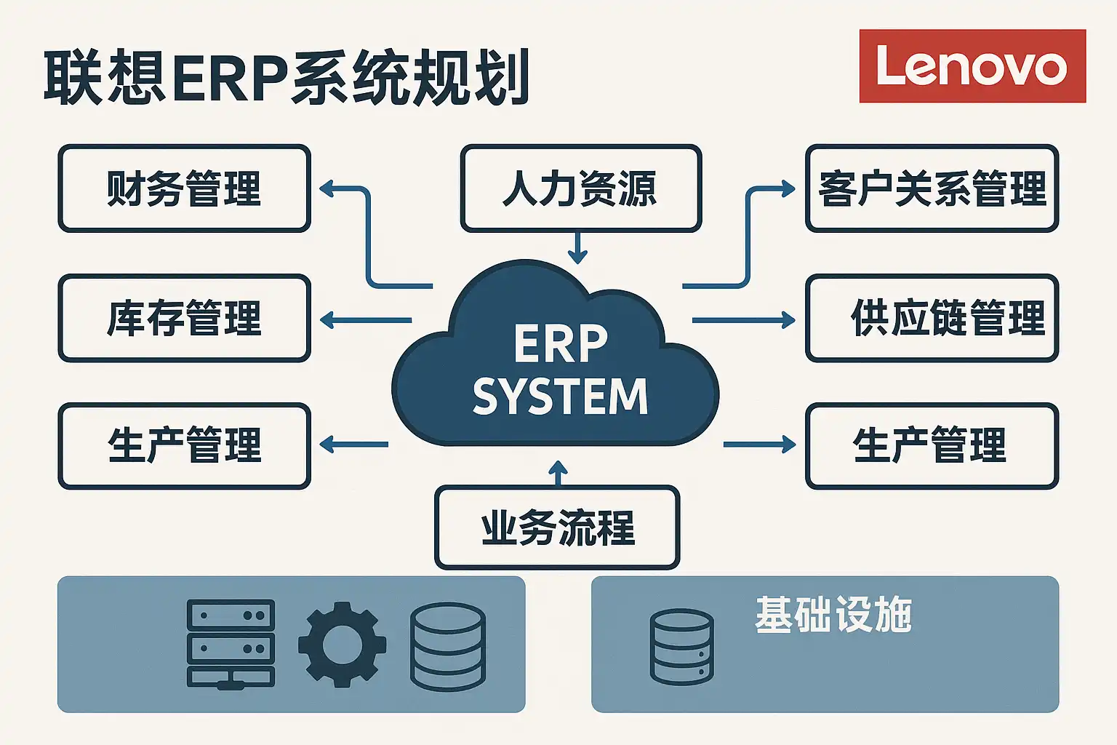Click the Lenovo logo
click(x=972, y=66)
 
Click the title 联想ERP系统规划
click(x=287, y=77)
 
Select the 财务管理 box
click(x=184, y=188)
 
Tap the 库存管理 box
click(x=184, y=318)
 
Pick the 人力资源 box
click(x=580, y=188)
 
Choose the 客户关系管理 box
click(x=932, y=188)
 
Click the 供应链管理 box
click(x=932, y=318)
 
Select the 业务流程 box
click(x=557, y=527)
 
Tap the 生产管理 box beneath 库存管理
click(x=184, y=446)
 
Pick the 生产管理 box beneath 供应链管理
click(x=932, y=446)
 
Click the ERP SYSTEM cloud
click(x=556, y=364)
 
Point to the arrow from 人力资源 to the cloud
click(x=577, y=248)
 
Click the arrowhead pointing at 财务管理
click(x=327, y=189)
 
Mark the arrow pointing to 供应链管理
click(x=743, y=319)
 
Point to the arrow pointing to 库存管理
click(x=365, y=319)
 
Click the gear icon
click(x=342, y=644)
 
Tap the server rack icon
click(x=231, y=644)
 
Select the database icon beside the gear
click(x=447, y=646)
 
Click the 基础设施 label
click(x=833, y=615)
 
